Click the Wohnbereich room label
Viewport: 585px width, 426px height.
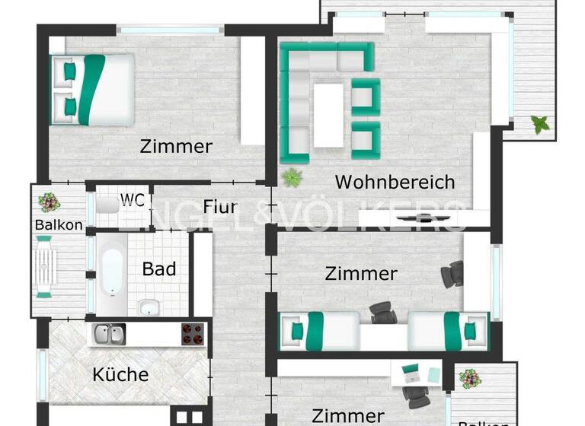click(395, 183)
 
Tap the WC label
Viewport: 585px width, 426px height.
click(132, 200)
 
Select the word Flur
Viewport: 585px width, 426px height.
click(220, 207)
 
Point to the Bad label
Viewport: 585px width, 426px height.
click(159, 269)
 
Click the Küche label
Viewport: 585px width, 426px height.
click(120, 374)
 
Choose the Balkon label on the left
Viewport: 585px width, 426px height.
click(59, 225)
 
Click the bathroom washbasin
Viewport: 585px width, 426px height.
click(149, 307)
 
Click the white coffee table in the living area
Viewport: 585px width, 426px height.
click(328, 114)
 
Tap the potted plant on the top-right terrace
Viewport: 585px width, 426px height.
click(540, 123)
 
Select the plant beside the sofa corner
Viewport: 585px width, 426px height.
click(291, 178)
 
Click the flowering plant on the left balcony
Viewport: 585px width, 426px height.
click(50, 202)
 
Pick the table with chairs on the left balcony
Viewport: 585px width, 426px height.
click(45, 266)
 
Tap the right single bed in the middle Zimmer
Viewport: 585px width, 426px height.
click(448, 332)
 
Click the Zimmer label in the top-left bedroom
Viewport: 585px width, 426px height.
click(176, 147)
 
